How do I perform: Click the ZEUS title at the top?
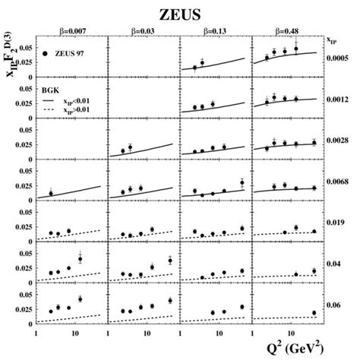pos(179,12)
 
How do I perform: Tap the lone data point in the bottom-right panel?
pos(313,312)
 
